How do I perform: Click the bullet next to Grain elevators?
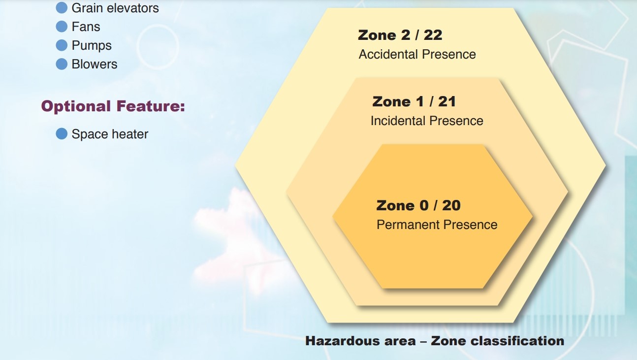pyautogui.click(x=62, y=8)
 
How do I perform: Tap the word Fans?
pyautogui.click(x=86, y=27)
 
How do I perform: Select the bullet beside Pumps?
pyautogui.click(x=62, y=45)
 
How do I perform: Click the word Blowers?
pyautogui.click(x=95, y=64)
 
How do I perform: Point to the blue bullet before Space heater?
pyautogui.click(x=62, y=134)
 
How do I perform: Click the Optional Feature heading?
pyautogui.click(x=113, y=106)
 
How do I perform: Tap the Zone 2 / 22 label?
pyautogui.click(x=400, y=35)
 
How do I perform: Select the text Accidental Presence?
pyautogui.click(x=417, y=54)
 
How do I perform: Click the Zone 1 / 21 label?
pyautogui.click(x=414, y=101)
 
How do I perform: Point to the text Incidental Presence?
pyautogui.click(x=427, y=121)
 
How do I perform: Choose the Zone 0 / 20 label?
pyautogui.click(x=418, y=205)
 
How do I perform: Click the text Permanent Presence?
pyautogui.click(x=437, y=225)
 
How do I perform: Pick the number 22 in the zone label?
pyautogui.click(x=433, y=35)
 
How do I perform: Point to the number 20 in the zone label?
pyautogui.click(x=451, y=205)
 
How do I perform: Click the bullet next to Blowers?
pyautogui.click(x=62, y=64)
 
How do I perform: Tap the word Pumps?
pyautogui.click(x=92, y=46)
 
